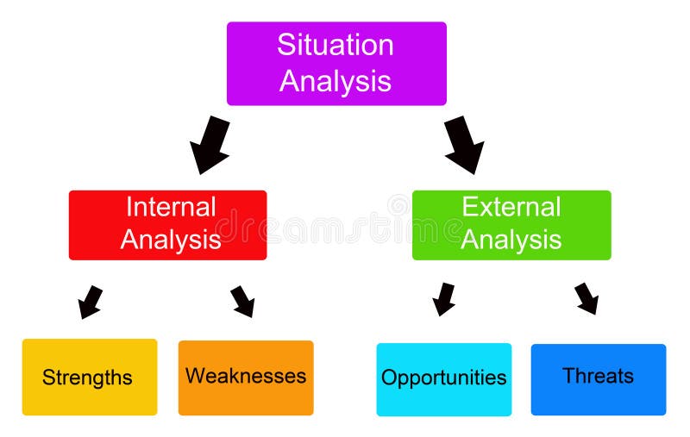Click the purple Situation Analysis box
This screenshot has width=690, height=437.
pos(336,63)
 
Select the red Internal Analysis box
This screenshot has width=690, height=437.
pos(167,225)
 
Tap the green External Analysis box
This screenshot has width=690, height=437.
pos(511,225)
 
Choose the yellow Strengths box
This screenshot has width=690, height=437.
pos(90,377)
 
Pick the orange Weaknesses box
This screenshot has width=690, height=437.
pos(246,378)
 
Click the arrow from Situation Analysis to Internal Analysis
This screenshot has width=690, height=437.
pos(210,146)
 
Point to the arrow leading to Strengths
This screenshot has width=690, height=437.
pos(90,303)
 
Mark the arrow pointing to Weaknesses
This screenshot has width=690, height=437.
pos(243,302)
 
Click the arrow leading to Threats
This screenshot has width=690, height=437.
pos(587,298)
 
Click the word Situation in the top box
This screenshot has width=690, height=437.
pos(336,45)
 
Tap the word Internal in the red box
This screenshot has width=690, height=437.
pos(171,207)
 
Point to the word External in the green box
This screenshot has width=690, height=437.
pos(511,207)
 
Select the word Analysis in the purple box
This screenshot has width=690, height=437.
pos(336,81)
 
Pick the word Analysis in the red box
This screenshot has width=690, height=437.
pos(171,240)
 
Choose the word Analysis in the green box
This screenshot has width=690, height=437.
pos(511,240)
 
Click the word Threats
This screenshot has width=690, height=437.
pos(598,376)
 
